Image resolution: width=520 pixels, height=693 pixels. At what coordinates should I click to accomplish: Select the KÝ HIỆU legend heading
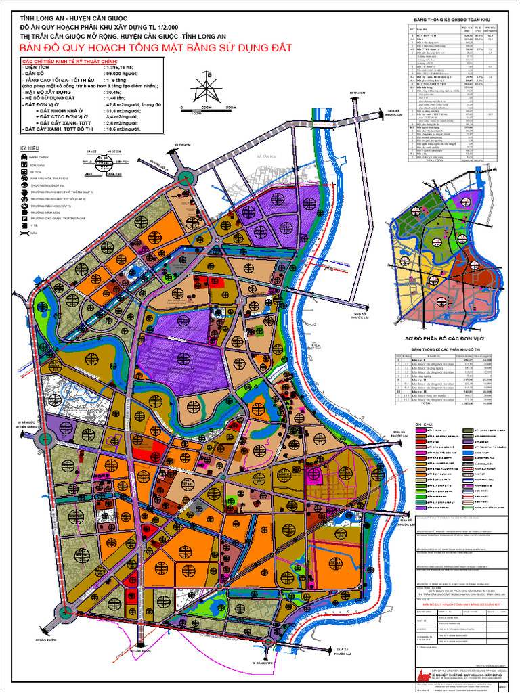pos(28,148)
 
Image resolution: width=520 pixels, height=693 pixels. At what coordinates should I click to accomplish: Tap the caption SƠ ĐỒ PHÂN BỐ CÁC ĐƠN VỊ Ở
pos(450,337)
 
